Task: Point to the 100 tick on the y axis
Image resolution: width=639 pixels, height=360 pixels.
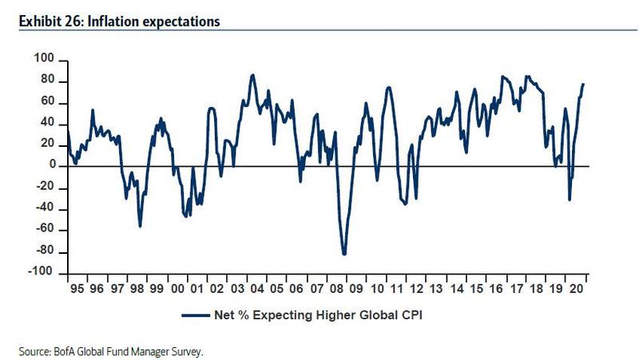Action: [x=44, y=59]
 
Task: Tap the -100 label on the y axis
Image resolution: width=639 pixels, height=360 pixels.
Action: [x=42, y=274]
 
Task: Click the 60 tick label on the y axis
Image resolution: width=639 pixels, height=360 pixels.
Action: [x=46, y=102]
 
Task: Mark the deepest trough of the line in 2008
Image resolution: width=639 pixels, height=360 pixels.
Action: [x=344, y=254]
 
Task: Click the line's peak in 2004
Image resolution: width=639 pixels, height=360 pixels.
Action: [x=252, y=75]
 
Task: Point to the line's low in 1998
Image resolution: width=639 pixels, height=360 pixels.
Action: [x=141, y=226]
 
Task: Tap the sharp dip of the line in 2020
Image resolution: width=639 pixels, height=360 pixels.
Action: [x=570, y=200]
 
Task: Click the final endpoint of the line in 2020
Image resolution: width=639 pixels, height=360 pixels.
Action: [x=583, y=84]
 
